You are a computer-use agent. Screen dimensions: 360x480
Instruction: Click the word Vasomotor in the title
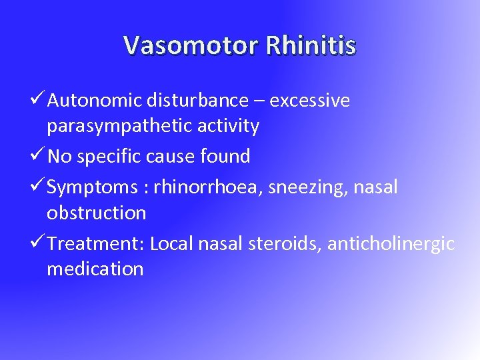click(x=191, y=45)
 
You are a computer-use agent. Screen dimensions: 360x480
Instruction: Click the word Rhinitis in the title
click(x=311, y=45)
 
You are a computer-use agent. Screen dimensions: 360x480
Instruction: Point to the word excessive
click(x=310, y=101)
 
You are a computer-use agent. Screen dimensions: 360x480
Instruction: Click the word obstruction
click(x=96, y=213)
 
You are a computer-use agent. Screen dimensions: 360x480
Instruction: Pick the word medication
click(x=95, y=269)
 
